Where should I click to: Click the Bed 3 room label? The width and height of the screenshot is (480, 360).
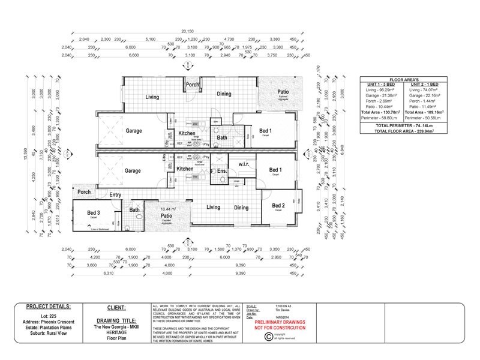point(94,212)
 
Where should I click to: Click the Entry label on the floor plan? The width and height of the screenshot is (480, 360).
point(116,194)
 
